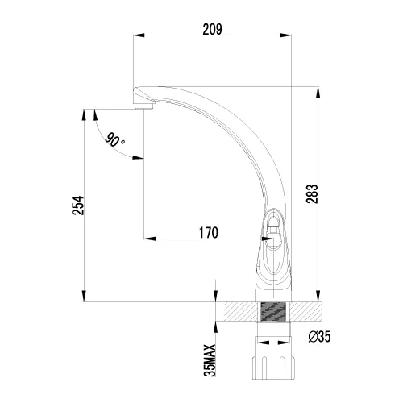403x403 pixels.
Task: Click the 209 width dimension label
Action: click(212, 29)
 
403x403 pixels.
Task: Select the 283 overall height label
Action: click(312, 194)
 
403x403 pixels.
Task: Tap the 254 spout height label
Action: click(78, 206)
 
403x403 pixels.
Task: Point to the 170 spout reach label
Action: click(209, 233)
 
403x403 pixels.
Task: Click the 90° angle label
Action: click(114, 140)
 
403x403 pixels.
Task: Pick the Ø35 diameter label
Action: click(319, 337)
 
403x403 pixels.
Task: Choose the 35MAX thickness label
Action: click(210, 360)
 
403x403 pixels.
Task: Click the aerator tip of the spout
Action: click(143, 106)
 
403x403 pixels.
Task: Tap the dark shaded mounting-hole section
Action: click(273, 311)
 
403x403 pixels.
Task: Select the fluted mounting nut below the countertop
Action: click(273, 368)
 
